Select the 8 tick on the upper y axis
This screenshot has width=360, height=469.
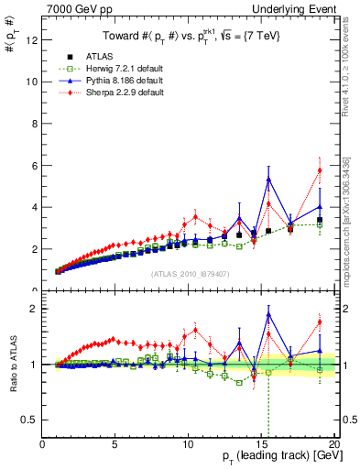click(35, 123)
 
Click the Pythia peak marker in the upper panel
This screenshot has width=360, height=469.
click(268, 179)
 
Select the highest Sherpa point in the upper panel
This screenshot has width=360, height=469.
click(320, 169)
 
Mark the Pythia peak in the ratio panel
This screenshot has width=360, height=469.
click(268, 314)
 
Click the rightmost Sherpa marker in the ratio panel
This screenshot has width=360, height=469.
click(320, 322)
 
